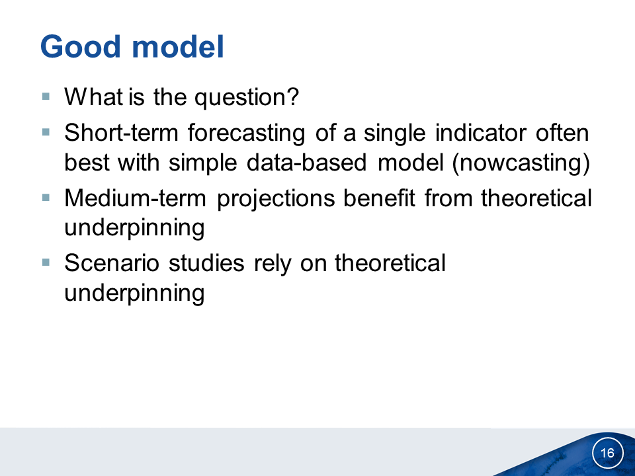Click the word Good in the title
click(x=81, y=46)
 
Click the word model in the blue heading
click(x=178, y=46)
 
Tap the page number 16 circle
click(x=607, y=452)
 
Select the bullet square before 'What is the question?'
click(x=46, y=97)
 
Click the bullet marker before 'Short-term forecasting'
click(x=46, y=132)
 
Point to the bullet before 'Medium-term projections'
click(x=46, y=198)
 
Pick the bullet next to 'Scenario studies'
click(x=46, y=262)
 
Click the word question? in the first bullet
click(x=247, y=98)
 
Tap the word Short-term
click(x=121, y=133)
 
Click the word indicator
click(x=481, y=133)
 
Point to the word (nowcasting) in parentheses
click(x=521, y=163)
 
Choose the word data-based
click(x=306, y=163)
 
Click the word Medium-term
click(x=135, y=198)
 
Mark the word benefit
click(x=380, y=198)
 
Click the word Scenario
click(x=112, y=263)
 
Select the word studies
click(x=206, y=263)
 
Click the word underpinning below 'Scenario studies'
click(x=134, y=294)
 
